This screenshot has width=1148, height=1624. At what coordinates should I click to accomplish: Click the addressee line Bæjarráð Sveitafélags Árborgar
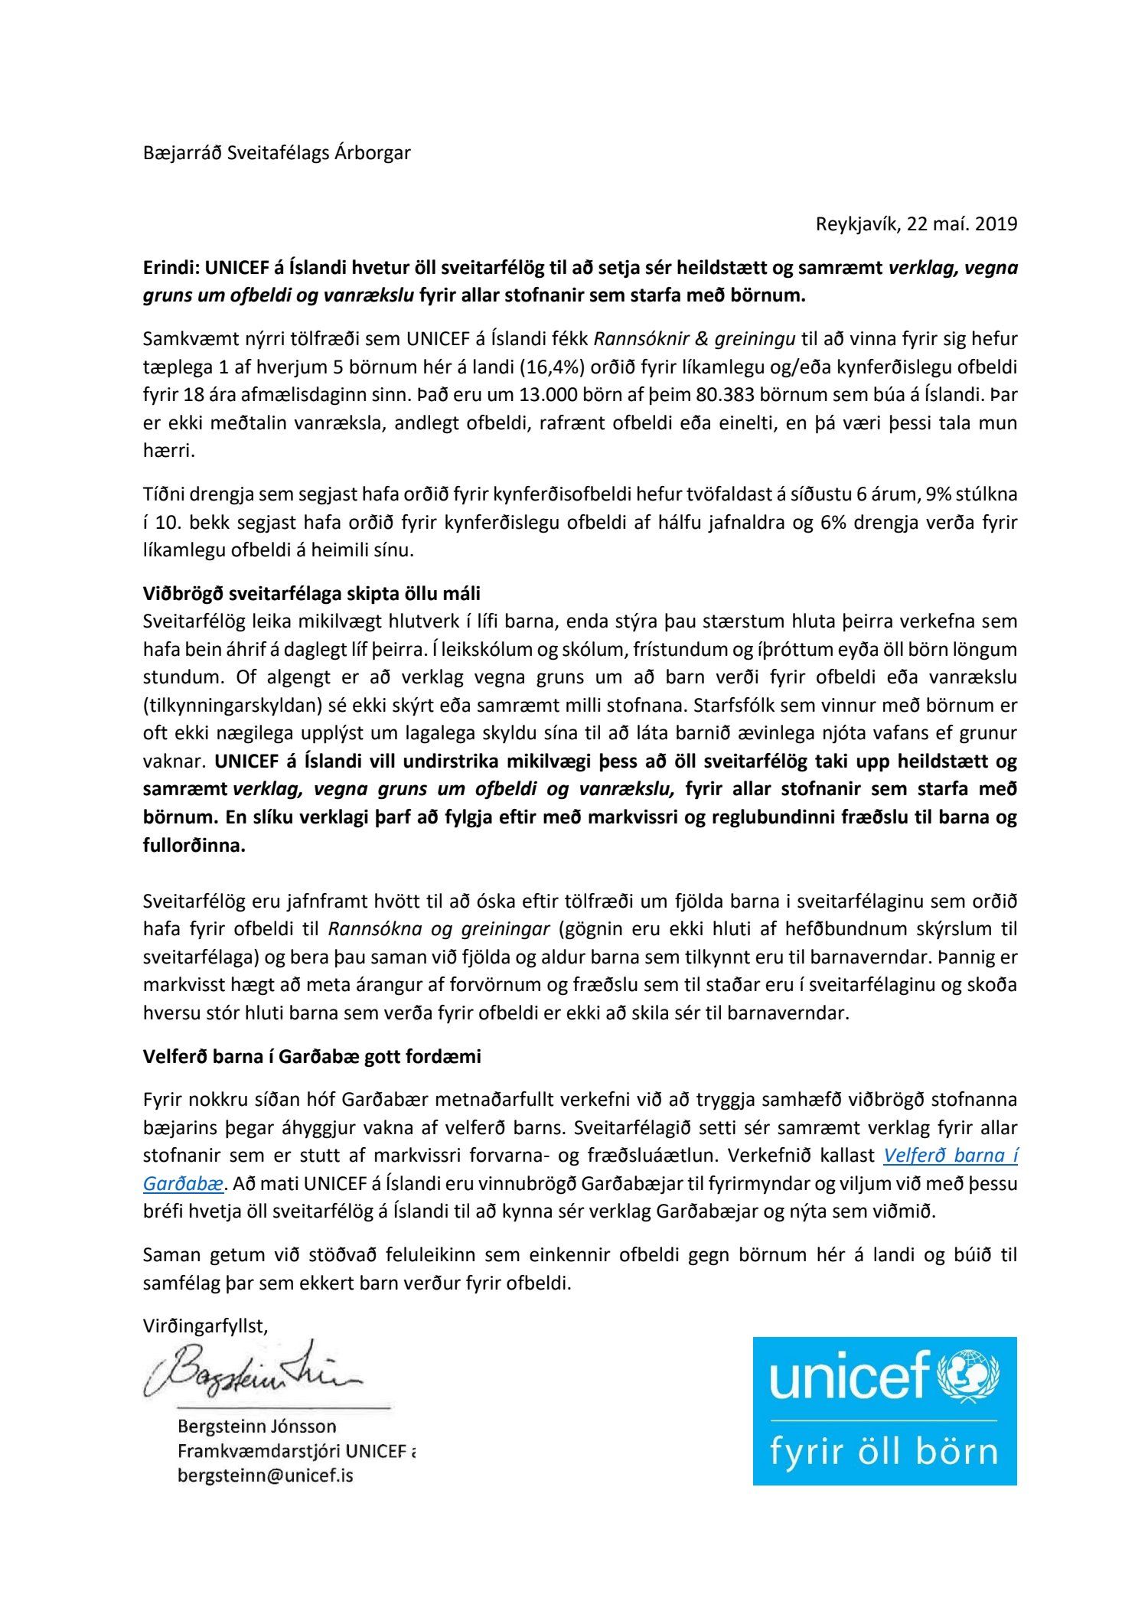(276, 153)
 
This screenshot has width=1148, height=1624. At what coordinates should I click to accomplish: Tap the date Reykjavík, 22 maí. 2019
(916, 224)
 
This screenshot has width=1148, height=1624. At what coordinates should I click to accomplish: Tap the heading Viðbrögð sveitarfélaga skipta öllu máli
(311, 594)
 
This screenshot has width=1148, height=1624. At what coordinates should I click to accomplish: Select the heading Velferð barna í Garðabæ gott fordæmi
(311, 1057)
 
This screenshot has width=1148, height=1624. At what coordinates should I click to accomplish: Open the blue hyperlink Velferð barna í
(950, 1156)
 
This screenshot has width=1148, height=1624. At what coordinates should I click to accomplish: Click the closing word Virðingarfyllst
(204, 1327)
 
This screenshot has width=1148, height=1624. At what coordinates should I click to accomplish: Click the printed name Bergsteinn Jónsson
(256, 1427)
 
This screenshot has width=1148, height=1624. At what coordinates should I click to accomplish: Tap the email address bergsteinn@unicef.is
(265, 1476)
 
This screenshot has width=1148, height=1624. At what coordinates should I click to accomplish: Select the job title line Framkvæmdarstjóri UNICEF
(295, 1451)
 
